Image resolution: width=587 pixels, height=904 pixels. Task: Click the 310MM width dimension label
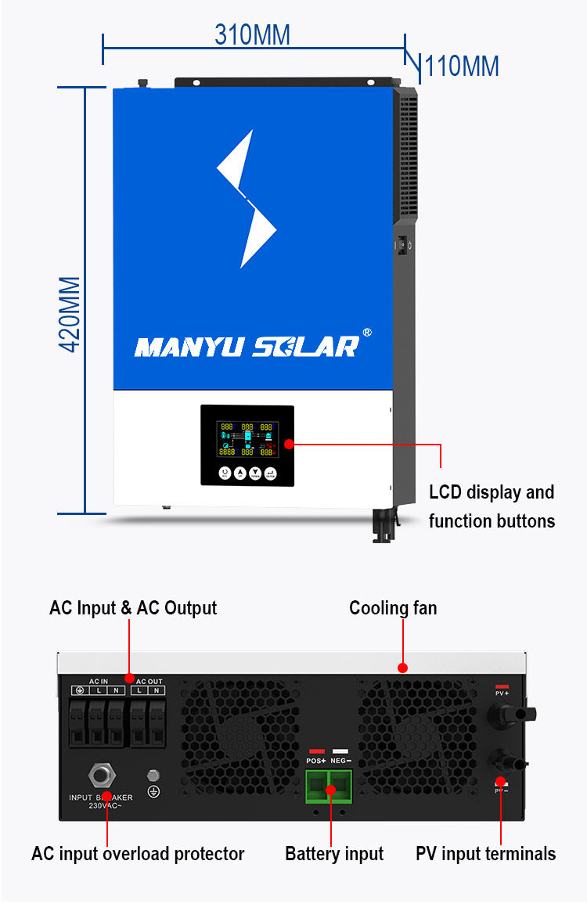click(252, 34)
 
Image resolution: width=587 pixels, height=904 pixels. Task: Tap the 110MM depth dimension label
click(462, 67)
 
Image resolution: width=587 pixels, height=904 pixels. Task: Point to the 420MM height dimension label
click(70, 313)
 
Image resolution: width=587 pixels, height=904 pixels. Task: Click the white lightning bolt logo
click(246, 199)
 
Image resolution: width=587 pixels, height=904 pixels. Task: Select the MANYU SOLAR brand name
click(247, 346)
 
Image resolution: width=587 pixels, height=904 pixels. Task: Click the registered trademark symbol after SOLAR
click(367, 333)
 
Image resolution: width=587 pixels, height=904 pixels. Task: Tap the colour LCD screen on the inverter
click(247, 439)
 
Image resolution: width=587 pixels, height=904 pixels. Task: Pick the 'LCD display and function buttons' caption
click(492, 506)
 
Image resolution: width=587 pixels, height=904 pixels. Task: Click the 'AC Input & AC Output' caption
click(133, 608)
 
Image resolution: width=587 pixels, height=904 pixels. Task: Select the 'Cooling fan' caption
click(393, 608)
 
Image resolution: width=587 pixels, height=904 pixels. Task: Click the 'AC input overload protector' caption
click(138, 853)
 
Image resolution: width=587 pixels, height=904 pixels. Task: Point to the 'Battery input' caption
click(334, 853)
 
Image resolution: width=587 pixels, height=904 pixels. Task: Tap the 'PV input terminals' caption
click(485, 853)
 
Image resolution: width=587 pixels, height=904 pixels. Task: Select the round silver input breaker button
click(100, 776)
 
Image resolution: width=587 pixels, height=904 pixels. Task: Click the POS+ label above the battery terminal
click(316, 760)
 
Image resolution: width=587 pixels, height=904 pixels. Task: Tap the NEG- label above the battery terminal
click(340, 760)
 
